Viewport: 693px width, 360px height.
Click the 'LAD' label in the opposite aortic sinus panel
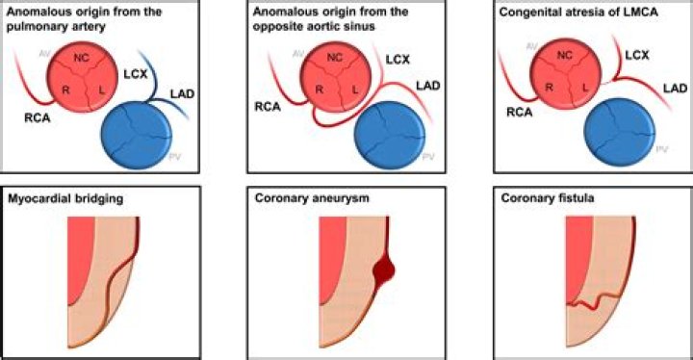click(x=429, y=85)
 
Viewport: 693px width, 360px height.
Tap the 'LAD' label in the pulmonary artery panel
click(x=177, y=90)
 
